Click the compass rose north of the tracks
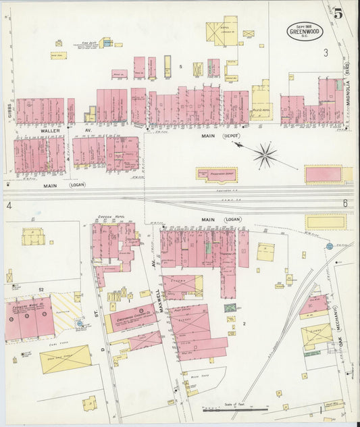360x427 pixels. pos(265,155)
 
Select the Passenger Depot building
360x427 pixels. pos(217,175)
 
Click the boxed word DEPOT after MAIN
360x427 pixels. pos(231,136)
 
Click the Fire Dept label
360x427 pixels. pos(86,43)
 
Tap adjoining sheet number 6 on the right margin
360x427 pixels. pos(344,203)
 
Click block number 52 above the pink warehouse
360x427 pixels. pos(41,290)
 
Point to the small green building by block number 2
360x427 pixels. pos(230,308)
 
